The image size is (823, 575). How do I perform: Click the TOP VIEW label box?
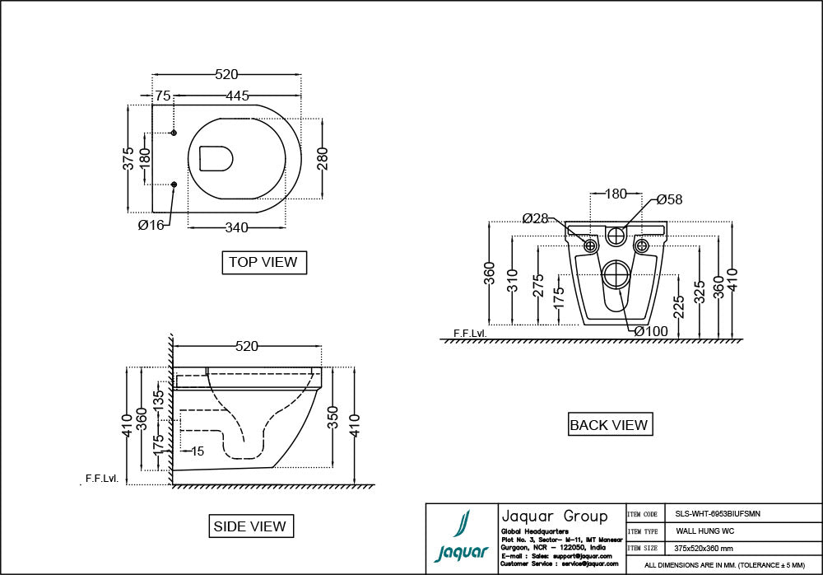[263, 262]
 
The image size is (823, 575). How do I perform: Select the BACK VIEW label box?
[609, 424]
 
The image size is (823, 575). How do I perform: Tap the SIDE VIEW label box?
[249, 526]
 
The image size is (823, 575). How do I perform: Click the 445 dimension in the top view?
[237, 96]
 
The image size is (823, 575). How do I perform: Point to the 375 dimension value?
[128, 158]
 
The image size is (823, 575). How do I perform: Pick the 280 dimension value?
[323, 158]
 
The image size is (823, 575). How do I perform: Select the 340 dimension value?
[237, 226]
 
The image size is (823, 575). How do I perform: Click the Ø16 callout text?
[151, 225]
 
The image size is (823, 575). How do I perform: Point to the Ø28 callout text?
[535, 218]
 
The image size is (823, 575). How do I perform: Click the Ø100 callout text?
[651, 331]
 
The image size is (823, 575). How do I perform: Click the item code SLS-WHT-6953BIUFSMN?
[713, 512]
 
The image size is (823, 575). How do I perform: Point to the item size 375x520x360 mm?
[704, 548]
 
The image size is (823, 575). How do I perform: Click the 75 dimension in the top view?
[163, 96]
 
